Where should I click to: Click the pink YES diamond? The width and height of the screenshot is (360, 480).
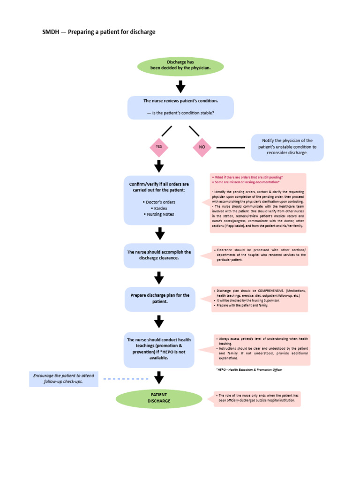159,147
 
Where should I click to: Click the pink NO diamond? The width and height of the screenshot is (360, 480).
202,147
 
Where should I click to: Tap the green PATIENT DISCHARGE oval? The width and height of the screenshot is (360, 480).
159,398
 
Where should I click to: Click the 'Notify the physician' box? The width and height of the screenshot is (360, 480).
287,147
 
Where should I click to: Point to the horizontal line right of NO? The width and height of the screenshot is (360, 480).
231,147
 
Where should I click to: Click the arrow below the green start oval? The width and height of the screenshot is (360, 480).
180,86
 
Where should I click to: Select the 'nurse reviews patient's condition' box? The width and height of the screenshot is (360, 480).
180,107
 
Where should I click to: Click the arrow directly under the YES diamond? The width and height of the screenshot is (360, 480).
159,166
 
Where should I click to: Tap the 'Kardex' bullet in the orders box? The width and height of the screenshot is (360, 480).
159,208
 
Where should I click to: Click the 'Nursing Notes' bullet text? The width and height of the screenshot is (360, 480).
159,214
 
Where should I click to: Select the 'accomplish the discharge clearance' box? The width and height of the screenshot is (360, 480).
159,255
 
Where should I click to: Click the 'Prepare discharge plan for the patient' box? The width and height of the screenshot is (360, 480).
160,299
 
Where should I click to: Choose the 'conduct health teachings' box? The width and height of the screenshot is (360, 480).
159,349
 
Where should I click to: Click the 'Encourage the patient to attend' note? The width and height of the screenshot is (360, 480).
64,379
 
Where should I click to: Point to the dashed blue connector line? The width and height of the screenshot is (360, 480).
125,379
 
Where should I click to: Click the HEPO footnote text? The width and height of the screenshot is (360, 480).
249,369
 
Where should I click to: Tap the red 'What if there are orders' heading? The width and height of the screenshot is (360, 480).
247,178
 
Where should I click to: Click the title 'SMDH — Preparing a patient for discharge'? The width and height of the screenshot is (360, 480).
99,32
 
